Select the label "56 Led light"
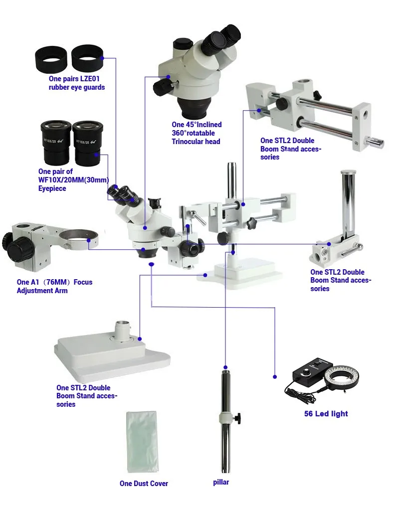pyautogui.click(x=326, y=414)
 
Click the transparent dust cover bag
pyautogui.click(x=142, y=442)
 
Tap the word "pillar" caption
pyautogui.click(x=221, y=482)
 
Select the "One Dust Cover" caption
pyautogui.click(x=144, y=484)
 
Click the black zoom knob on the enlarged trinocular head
pyautogui.click(x=163, y=87)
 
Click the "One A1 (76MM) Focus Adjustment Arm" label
pyautogui.click(x=54, y=286)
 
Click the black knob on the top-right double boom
pyautogui.click(x=282, y=104)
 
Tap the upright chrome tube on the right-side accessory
pyautogui.click(x=348, y=204)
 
